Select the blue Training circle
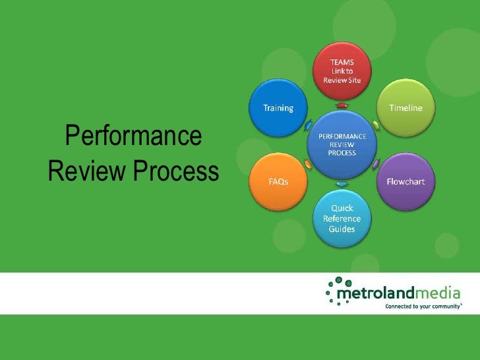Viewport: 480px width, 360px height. (278, 108)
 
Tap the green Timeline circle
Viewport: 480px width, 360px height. (405, 107)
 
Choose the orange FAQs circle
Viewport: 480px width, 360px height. (278, 181)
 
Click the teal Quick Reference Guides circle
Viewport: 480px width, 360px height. (342, 218)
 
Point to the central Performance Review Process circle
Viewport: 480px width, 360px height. (342, 144)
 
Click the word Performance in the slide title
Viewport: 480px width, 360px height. (133, 136)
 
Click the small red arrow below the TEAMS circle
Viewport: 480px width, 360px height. (342, 105)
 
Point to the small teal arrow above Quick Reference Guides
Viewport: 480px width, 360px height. (342, 183)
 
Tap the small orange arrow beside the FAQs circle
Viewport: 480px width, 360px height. (308, 164)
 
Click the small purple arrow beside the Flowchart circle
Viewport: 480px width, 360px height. (375, 164)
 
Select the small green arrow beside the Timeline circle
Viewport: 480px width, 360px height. (375, 124)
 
